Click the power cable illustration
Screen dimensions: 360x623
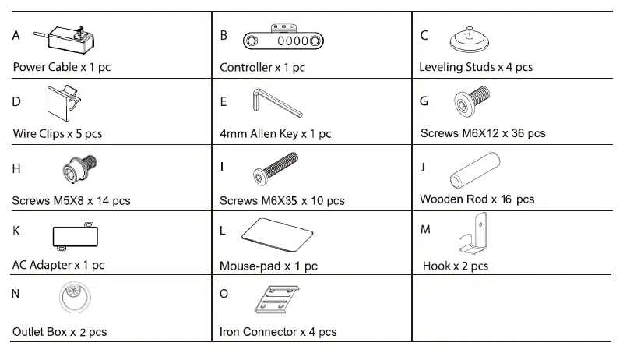coord(65,38)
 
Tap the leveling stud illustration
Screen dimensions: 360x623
coord(470,40)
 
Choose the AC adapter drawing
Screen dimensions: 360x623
coord(75,236)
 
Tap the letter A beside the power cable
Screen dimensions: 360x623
coord(16,35)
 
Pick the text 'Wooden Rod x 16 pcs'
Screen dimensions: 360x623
coord(477,199)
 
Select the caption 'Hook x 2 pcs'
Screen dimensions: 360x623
coord(455,266)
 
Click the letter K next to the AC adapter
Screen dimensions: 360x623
coord(16,230)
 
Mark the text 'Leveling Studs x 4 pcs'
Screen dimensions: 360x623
coord(475,67)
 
